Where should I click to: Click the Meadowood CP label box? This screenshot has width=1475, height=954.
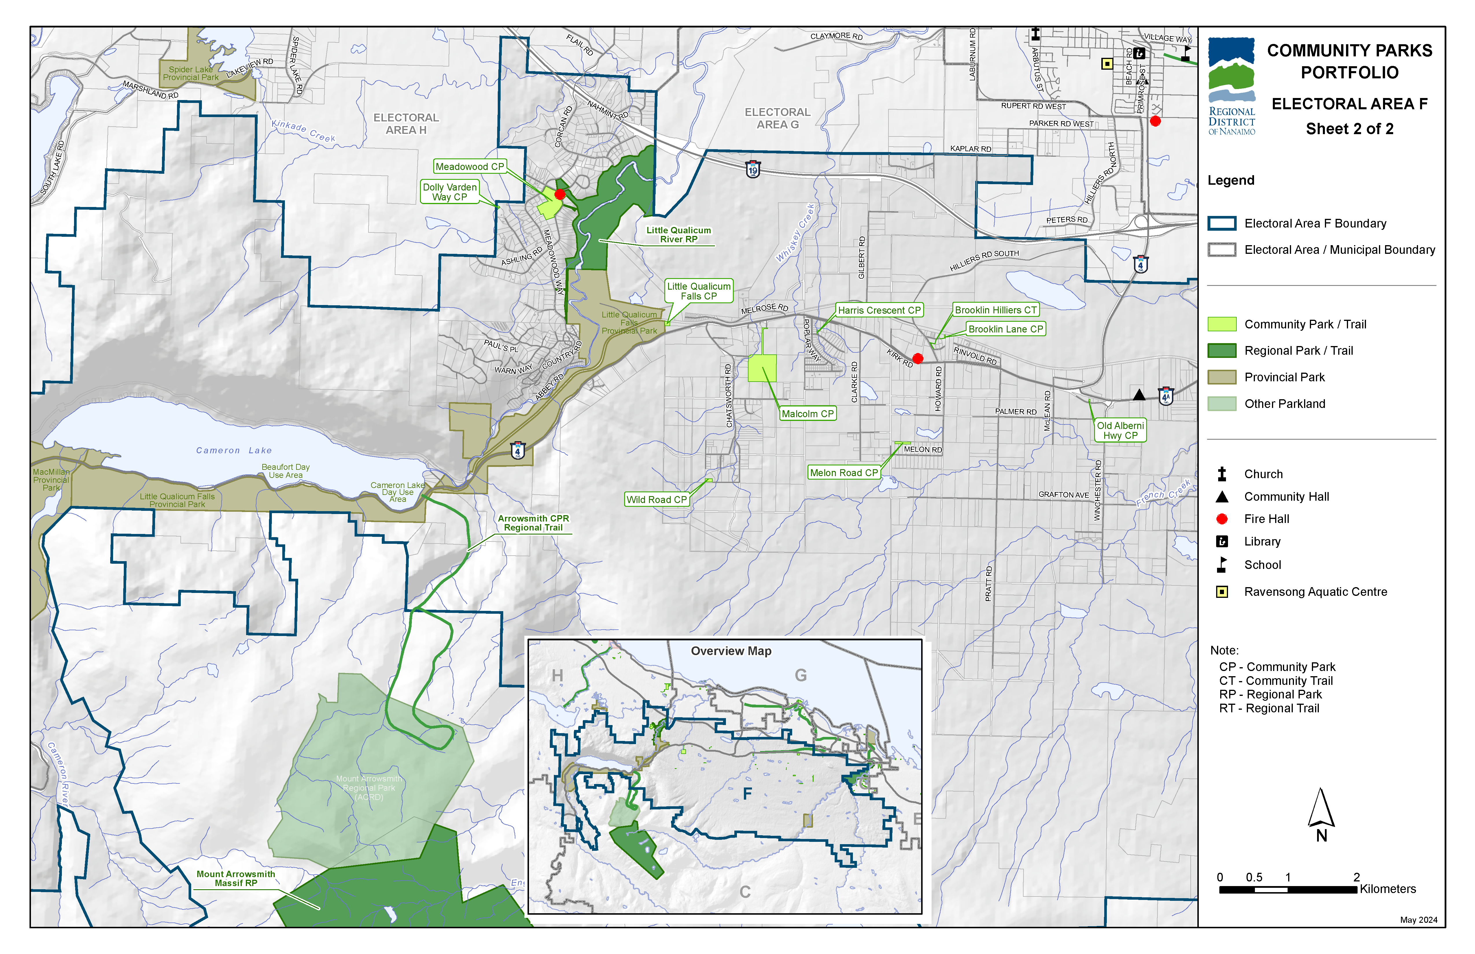470,167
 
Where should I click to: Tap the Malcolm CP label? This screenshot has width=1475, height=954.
807,414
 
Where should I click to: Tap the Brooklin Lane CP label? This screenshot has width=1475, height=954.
1005,329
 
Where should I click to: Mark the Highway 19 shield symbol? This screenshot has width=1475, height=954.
753,169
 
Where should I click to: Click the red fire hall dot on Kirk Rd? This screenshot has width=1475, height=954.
918,358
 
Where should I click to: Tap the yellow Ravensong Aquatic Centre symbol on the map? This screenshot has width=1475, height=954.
1107,63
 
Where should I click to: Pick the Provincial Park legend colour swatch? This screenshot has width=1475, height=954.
1222,377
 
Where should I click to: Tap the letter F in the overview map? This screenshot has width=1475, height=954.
747,794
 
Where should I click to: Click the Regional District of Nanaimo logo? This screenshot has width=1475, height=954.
1231,86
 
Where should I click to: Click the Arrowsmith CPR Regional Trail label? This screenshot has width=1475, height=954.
533,523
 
